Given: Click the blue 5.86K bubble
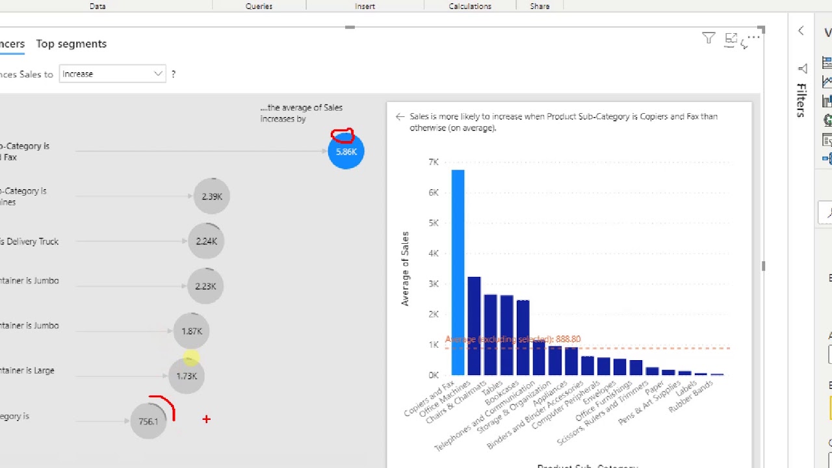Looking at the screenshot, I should click(346, 151).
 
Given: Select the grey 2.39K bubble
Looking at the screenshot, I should click(212, 196).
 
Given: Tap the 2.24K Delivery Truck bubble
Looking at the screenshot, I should click(206, 241).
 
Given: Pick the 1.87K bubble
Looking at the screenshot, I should click(192, 331).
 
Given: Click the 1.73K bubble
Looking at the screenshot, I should click(187, 376).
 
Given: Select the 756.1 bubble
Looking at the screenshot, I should click(148, 421).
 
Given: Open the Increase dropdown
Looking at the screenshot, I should click(112, 74).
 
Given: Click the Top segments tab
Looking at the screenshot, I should click(71, 44).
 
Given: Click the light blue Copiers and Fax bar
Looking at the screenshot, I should click(458, 272).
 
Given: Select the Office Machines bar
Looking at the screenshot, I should click(474, 326).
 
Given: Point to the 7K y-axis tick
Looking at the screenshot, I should click(433, 162).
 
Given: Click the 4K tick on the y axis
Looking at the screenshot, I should click(433, 253).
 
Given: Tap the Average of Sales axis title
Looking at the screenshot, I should click(405, 268).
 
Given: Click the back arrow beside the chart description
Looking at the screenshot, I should click(400, 117).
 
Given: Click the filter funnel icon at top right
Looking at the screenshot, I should click(708, 39).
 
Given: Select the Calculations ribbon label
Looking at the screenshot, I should click(469, 6).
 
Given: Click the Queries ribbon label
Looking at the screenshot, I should click(259, 6).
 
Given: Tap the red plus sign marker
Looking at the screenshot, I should click(206, 420).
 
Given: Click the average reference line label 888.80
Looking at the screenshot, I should click(513, 339).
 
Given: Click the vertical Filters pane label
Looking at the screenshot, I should click(801, 100).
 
